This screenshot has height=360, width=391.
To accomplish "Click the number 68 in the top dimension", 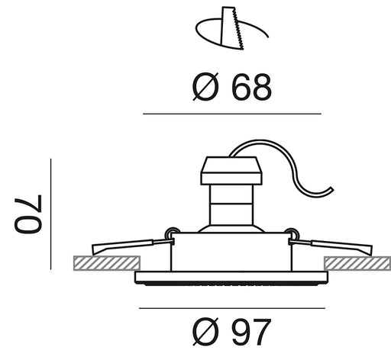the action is coord(251,87).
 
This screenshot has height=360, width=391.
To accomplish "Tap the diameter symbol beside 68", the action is coord(205,87).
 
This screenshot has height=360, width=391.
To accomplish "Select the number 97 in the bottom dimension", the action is coord(251,332).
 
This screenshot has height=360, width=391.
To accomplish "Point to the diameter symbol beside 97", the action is coord(205,332).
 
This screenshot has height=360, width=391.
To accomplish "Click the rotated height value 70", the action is coord(27,214).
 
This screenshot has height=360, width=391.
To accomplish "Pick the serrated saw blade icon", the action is coord(232,28).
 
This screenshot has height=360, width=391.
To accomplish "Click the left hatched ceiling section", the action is coord(107,263).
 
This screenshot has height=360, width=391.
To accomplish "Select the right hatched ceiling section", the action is coord(357,263).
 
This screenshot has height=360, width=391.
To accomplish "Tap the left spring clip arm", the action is coord(132,246).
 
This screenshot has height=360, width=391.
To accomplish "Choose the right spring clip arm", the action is coord(331,246).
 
